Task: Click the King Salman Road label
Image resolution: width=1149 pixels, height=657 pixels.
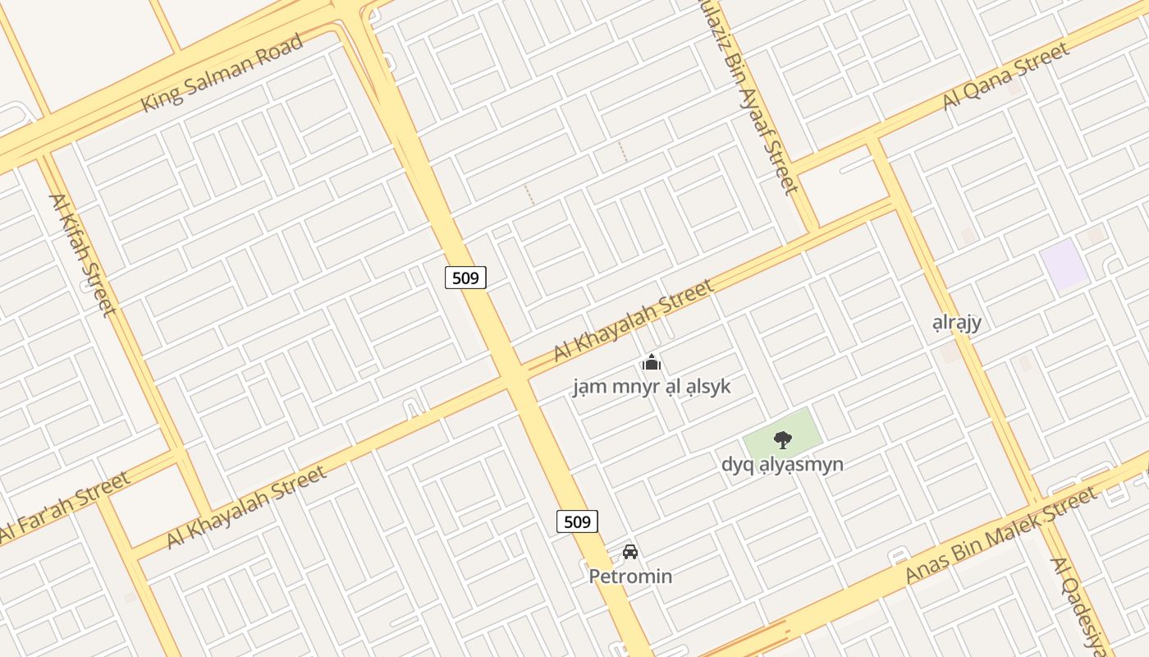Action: tap(222, 73)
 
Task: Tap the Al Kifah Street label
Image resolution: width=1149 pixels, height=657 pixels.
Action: tap(82, 254)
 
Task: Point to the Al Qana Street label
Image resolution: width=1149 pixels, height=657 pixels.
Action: tap(1006, 76)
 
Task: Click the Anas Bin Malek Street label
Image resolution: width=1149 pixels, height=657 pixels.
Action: tap(1000, 535)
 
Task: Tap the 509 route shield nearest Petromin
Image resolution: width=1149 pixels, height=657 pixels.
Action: tap(577, 521)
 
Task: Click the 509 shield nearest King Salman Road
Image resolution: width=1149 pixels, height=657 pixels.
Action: tap(465, 278)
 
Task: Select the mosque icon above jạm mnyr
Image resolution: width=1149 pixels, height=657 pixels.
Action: tap(651, 362)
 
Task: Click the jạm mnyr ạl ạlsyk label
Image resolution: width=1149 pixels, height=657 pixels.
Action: tap(651, 386)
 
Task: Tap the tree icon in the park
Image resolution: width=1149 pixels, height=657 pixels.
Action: tap(783, 439)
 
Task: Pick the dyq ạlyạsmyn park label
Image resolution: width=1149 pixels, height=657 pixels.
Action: tap(782, 464)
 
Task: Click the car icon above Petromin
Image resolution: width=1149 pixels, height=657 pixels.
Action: tap(629, 552)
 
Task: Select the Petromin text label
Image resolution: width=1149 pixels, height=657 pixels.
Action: tap(630, 577)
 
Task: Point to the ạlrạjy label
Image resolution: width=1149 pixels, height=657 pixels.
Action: tap(957, 322)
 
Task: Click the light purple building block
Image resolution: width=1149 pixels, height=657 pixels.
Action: tap(1064, 265)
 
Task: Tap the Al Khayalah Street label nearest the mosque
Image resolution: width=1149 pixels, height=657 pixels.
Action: tap(633, 320)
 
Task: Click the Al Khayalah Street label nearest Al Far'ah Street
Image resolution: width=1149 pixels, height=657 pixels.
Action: tap(247, 507)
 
